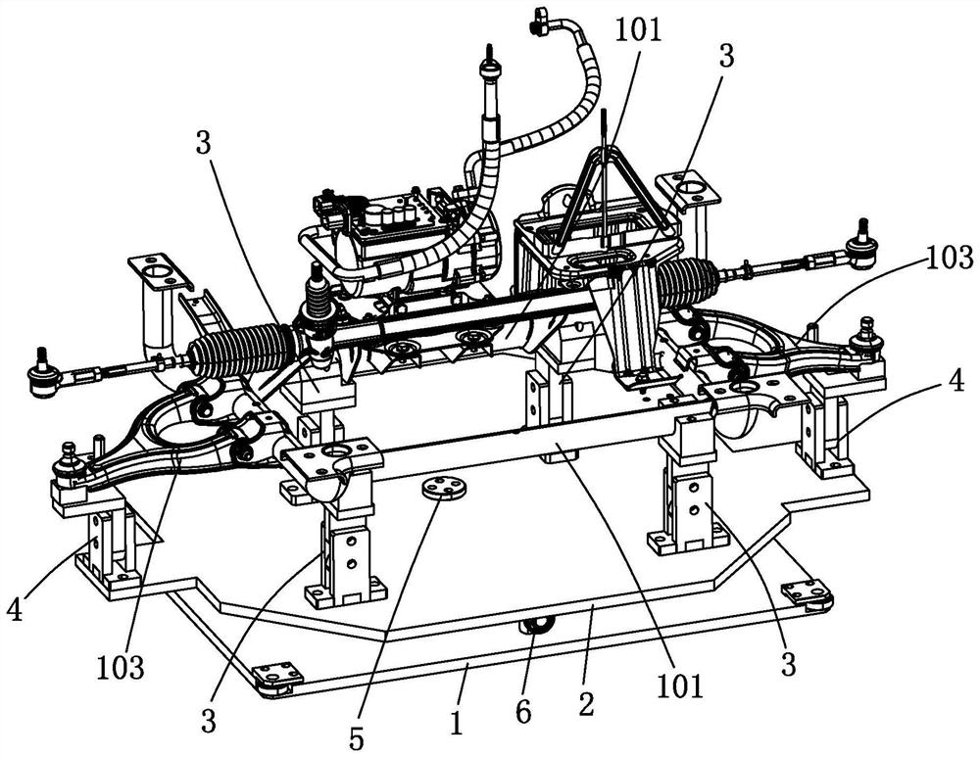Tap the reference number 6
pos(522,712)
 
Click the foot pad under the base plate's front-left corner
pos(277,677)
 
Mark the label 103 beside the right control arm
pos(947,258)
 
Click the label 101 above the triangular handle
pos(638,29)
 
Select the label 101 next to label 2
pos(682,685)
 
